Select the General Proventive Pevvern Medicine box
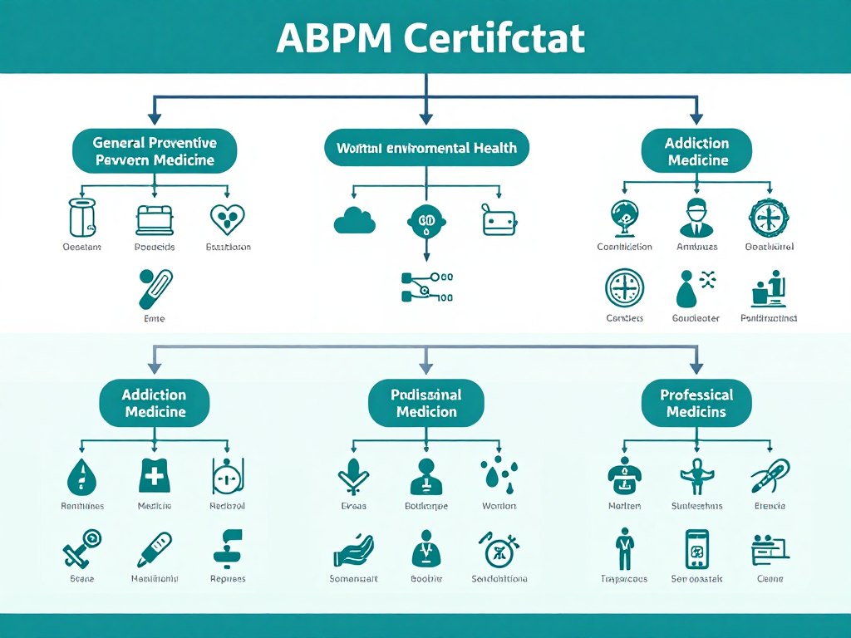pos(155,151)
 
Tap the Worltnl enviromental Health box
pos(425,148)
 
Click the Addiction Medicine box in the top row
pos(696,151)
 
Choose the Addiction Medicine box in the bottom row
pos(155,403)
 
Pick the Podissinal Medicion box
pos(425,403)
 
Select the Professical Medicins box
pos(696,403)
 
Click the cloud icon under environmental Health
pos(354,220)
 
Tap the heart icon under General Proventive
pos(226,218)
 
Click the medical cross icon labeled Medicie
pos(155,476)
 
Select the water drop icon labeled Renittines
pos(82,477)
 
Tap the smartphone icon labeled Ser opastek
pos(696,549)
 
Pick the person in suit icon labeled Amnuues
pos(696,218)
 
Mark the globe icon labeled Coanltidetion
pos(625,218)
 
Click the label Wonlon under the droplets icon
pos(499,506)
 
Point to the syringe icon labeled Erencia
pos(770,476)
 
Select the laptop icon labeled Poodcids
pos(155,219)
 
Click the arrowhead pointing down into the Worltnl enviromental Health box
pos(425,118)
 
